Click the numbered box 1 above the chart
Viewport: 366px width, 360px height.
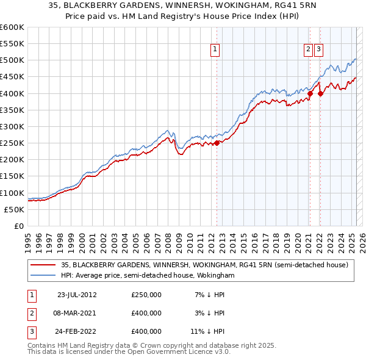point(216,51)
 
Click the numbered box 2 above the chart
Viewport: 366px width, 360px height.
point(309,51)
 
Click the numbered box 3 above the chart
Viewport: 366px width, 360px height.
point(319,51)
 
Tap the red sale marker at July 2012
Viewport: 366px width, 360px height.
point(217,143)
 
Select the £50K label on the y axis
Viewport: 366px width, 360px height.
point(14,209)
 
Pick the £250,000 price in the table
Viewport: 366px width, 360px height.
point(146,295)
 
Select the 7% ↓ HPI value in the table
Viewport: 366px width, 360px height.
point(211,295)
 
